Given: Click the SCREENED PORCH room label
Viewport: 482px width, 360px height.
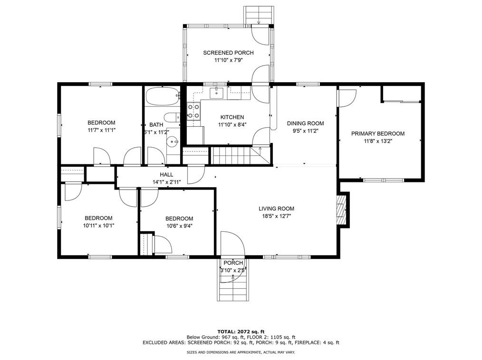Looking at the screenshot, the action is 228,53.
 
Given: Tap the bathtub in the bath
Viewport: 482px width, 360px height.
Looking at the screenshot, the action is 162,96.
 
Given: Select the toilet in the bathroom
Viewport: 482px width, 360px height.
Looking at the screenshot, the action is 172,117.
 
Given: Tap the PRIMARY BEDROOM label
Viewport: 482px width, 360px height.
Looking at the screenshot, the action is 378,133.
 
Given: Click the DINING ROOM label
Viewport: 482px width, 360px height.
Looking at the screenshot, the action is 305,123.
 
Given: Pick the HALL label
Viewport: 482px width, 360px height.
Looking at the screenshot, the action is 166,174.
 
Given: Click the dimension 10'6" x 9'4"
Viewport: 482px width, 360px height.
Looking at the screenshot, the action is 179,226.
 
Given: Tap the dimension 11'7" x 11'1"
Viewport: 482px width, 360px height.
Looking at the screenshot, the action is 101,130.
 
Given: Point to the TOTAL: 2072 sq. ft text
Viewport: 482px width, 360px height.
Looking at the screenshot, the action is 241,332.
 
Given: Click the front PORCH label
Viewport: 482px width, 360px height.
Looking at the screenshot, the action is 233,263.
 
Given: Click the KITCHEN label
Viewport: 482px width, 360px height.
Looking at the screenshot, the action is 232,117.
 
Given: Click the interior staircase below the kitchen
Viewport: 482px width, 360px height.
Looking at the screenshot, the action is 241,155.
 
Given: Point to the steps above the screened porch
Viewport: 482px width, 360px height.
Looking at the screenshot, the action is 259,15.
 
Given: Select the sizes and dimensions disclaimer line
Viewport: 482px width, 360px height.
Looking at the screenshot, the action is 241,352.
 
